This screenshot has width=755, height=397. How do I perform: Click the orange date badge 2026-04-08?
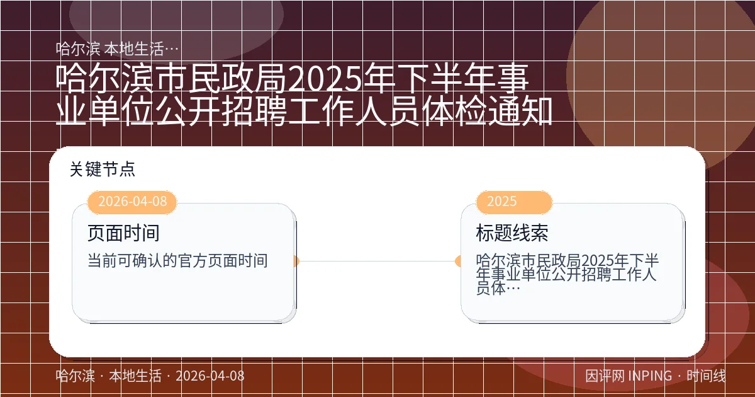(133, 202)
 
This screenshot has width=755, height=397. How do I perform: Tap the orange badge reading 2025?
(501, 202)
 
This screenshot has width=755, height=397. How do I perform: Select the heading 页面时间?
(123, 233)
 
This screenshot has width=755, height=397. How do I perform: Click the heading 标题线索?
(512, 233)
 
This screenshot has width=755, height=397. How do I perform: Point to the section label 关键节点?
(103, 169)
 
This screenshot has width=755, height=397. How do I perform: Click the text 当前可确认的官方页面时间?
(177, 260)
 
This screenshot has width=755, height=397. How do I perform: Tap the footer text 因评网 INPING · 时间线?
(655, 376)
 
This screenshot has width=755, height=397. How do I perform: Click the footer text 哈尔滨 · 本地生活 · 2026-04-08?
(150, 376)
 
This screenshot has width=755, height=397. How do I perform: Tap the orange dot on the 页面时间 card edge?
(296, 261)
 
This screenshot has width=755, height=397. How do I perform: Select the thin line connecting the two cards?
(377, 261)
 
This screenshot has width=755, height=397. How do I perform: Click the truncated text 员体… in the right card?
(498, 289)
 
